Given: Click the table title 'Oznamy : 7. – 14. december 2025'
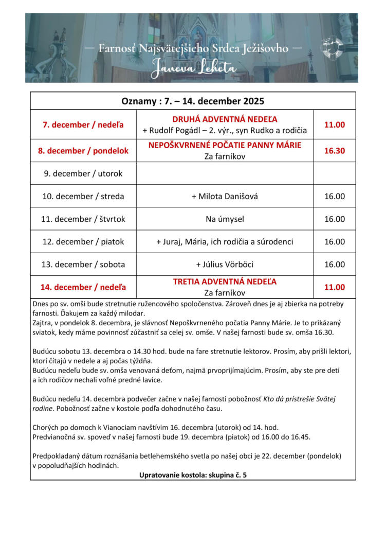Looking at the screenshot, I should (193, 101).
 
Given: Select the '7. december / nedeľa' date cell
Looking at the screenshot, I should (83, 125).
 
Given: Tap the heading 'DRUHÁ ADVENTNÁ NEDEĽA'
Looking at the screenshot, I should (225, 119).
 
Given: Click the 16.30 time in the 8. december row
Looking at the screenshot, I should (334, 151).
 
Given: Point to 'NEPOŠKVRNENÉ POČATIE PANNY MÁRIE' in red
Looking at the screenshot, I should (225, 145).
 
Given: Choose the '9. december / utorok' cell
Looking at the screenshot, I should (83, 173).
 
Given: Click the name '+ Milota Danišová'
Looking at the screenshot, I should (225, 196).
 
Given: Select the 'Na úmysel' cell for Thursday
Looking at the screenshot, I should (225, 219).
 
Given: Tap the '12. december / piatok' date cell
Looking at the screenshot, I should (83, 241).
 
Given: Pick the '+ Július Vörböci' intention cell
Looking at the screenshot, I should (225, 265).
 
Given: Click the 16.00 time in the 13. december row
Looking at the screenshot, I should (334, 265).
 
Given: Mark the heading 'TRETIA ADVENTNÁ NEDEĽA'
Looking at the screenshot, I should (225, 281).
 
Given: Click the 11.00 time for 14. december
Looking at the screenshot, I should (334, 287).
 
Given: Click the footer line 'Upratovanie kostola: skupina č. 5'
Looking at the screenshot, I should (193, 475).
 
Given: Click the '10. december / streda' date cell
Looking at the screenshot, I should (83, 196).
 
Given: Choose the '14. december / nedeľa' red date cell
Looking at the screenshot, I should (83, 287).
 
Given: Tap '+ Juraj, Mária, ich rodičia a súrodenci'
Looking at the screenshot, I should (225, 241).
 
